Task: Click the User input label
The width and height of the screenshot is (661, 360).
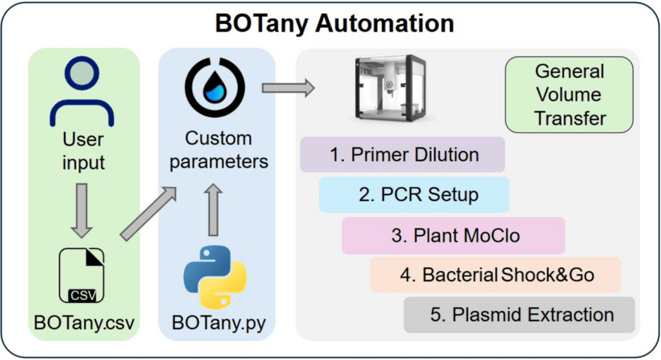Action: pyautogui.click(x=83, y=151)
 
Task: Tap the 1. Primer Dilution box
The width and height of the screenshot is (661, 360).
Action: pyautogui.click(x=402, y=155)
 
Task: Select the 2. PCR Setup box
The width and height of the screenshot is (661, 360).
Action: pyautogui.click(x=414, y=195)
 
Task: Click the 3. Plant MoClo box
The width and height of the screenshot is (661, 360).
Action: pyautogui.click(x=453, y=235)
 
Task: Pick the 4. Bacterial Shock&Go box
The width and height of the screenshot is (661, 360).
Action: pyautogui.click(x=495, y=275)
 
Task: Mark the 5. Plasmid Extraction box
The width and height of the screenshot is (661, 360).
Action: pyautogui.click(x=520, y=315)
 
